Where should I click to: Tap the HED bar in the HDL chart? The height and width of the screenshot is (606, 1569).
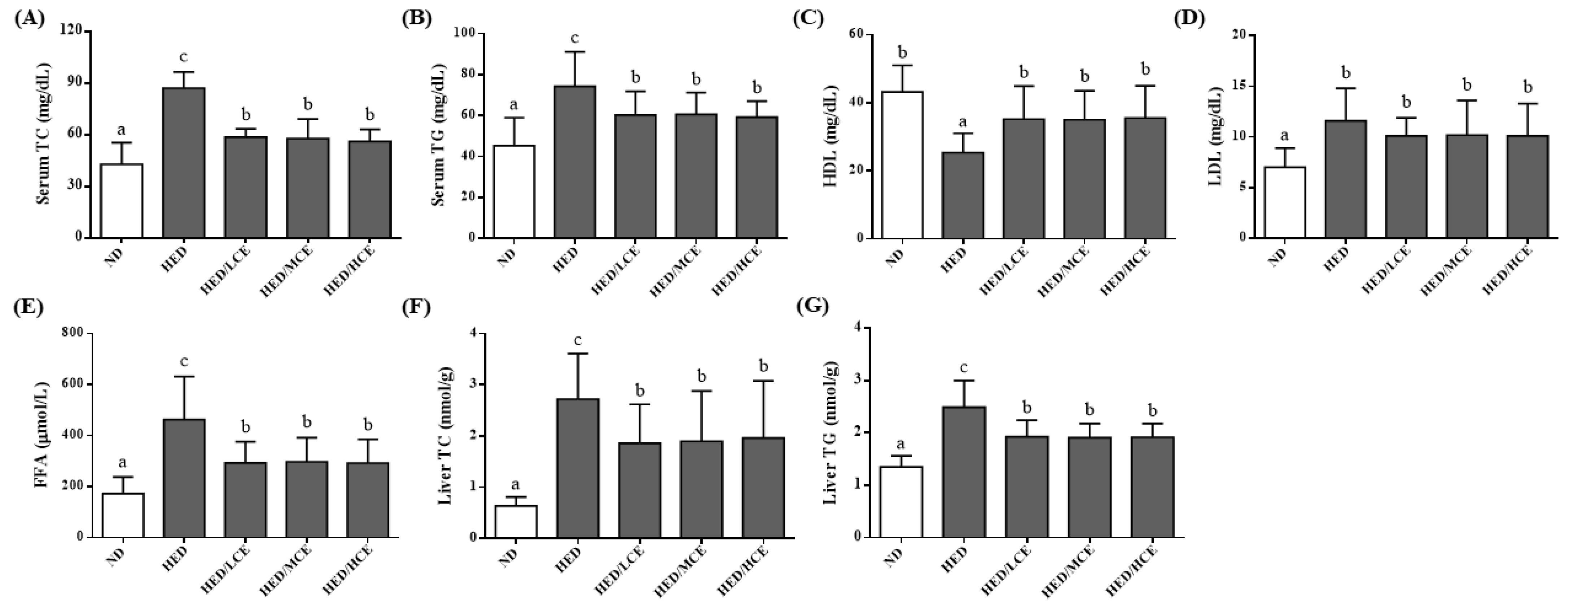click(962, 195)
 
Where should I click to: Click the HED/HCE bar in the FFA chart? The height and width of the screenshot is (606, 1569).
click(368, 500)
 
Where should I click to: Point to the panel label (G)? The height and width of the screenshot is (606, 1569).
click(812, 306)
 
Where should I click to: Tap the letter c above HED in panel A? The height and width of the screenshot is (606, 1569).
click(183, 57)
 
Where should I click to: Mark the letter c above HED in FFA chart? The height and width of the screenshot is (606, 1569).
click(183, 362)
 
